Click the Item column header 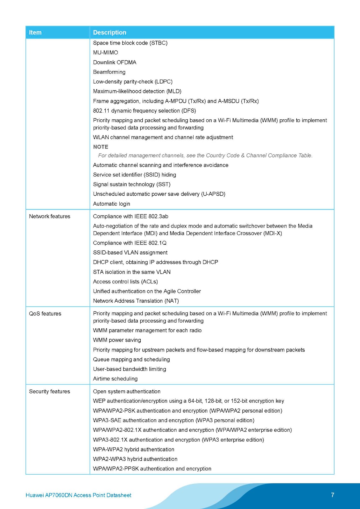click(35, 32)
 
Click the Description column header click(109, 32)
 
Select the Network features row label click(50, 216)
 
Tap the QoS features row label click(45, 313)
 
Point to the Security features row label click(49, 391)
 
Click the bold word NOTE click(101, 147)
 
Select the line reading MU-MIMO click(105, 52)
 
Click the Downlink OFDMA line click(115, 62)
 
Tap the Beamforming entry click(109, 72)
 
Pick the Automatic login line click(111, 204)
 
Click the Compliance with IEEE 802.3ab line click(131, 216)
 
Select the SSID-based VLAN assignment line click(130, 253)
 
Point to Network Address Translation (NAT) click(136, 301)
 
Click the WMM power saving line click(117, 340)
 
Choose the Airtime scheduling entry click(115, 379)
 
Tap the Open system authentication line click(127, 391)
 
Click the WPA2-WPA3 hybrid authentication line click(135, 459)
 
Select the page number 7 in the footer click(333, 495)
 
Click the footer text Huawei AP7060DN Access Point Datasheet click(78, 495)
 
